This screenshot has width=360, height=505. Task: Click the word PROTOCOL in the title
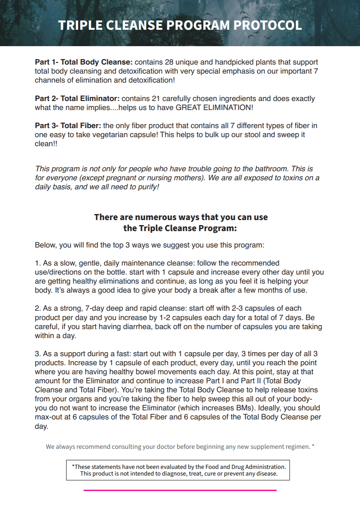pos(267,25)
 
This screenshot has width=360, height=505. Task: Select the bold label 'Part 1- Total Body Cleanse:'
pos(84,62)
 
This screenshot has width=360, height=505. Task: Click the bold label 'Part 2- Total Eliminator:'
pos(77,99)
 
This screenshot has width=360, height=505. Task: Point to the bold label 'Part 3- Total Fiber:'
pos(68,126)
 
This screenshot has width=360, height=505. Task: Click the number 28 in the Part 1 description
pos(169,62)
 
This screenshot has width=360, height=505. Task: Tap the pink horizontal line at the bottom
pos(180,490)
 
